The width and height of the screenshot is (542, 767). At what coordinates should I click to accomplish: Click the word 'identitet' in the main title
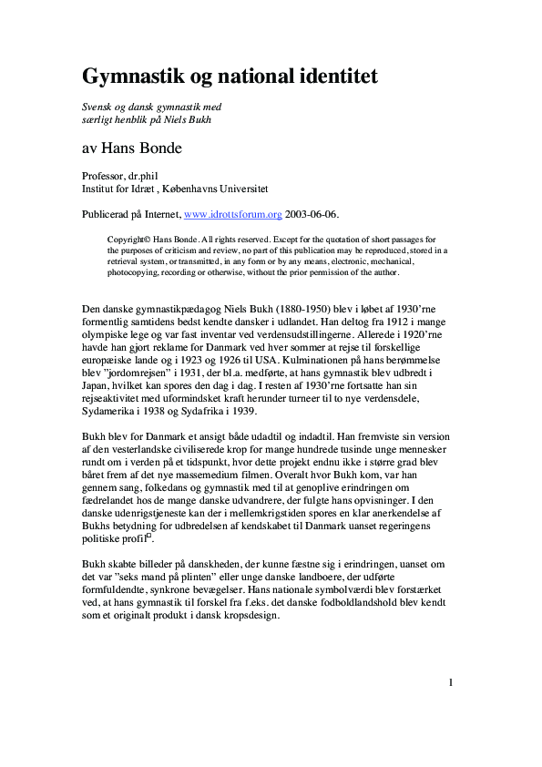(x=329, y=76)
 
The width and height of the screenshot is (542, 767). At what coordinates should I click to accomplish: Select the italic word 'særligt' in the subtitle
(x=97, y=121)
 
